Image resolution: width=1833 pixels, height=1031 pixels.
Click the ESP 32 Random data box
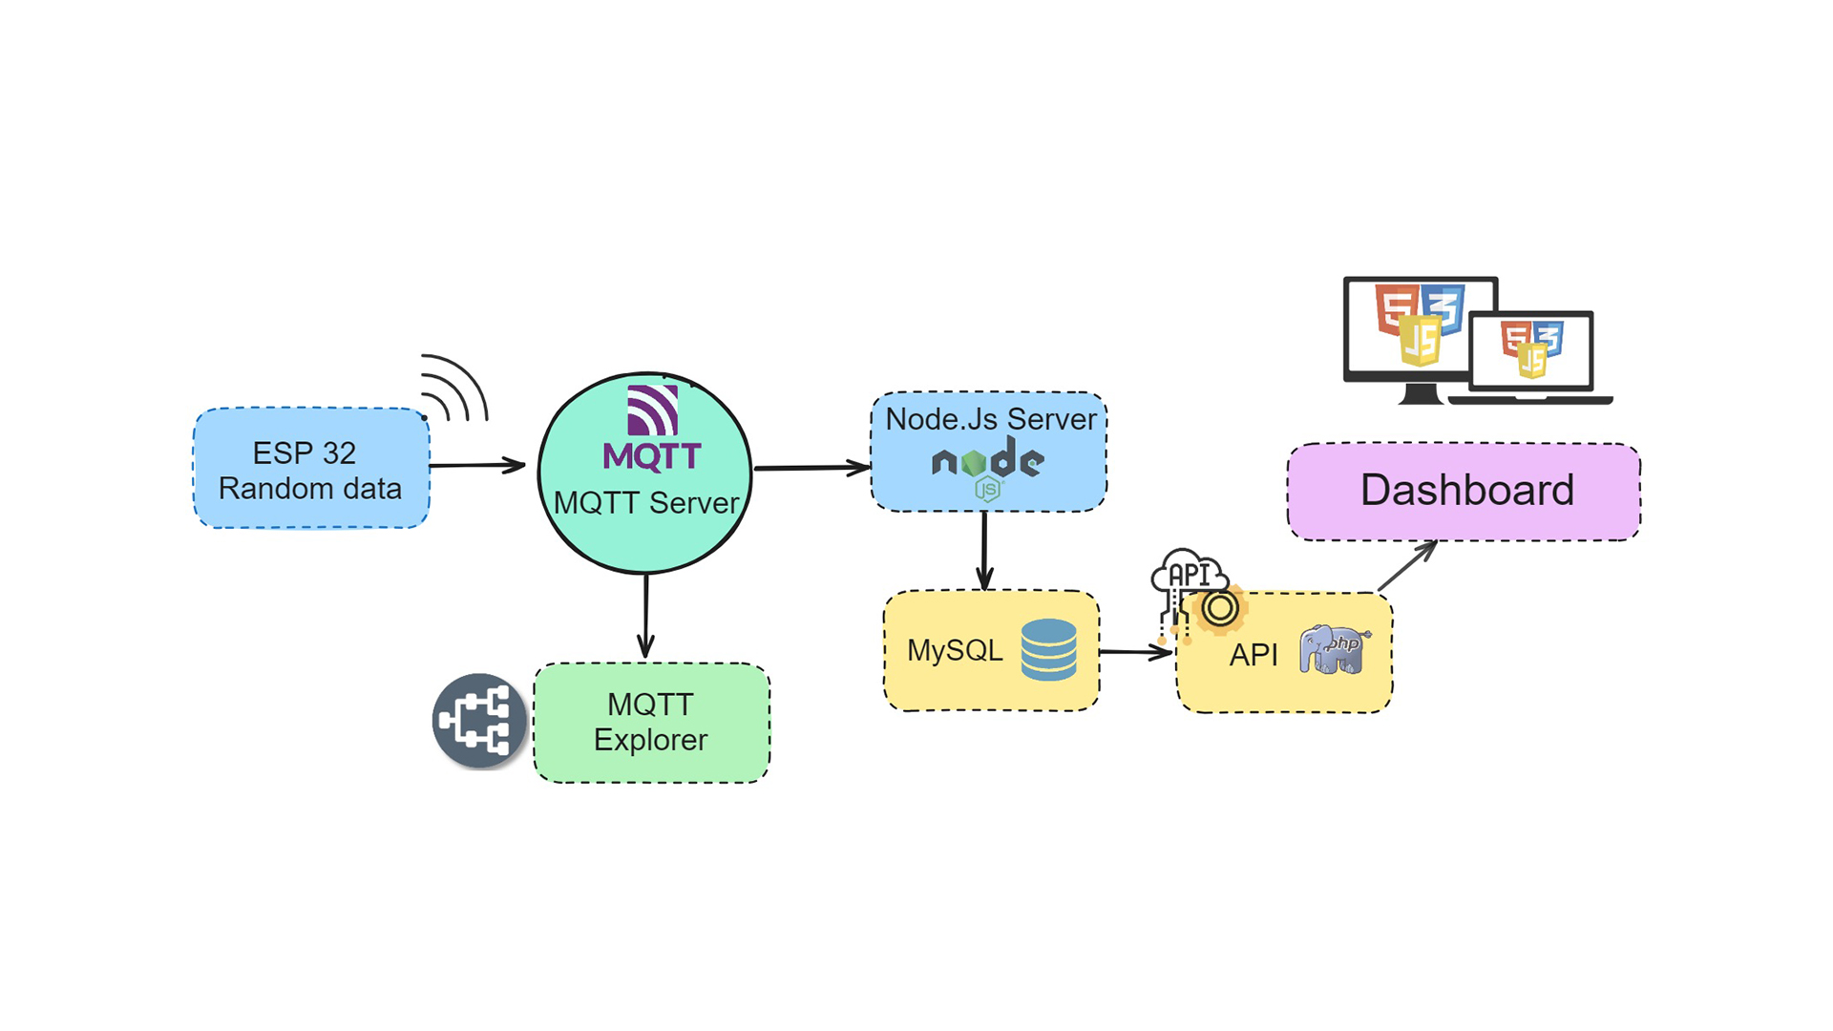tap(311, 469)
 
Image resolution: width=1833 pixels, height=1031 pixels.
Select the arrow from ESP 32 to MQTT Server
tap(477, 465)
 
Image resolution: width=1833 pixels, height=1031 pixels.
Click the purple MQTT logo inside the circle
tap(652, 429)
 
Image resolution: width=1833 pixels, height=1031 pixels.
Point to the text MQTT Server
tap(646, 503)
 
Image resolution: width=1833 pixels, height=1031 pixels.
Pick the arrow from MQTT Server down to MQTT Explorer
tap(646, 616)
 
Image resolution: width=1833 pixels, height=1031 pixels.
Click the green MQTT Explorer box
tap(651, 723)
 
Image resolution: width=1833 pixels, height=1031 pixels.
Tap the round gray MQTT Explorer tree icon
tap(479, 721)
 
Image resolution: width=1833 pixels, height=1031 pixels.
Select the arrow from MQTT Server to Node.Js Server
tap(811, 468)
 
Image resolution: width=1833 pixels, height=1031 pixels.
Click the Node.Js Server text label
tap(991, 419)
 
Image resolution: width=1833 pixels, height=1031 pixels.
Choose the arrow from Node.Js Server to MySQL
tap(984, 551)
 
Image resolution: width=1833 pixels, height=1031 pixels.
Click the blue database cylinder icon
tap(1048, 649)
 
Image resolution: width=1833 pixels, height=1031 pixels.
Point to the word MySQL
tap(955, 650)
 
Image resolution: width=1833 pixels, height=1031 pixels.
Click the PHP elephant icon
tap(1334, 650)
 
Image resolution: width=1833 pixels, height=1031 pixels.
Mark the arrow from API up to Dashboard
tap(1407, 565)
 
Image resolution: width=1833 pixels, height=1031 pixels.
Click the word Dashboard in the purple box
tap(1466, 491)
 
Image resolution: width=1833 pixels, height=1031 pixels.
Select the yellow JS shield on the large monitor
tap(1420, 341)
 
